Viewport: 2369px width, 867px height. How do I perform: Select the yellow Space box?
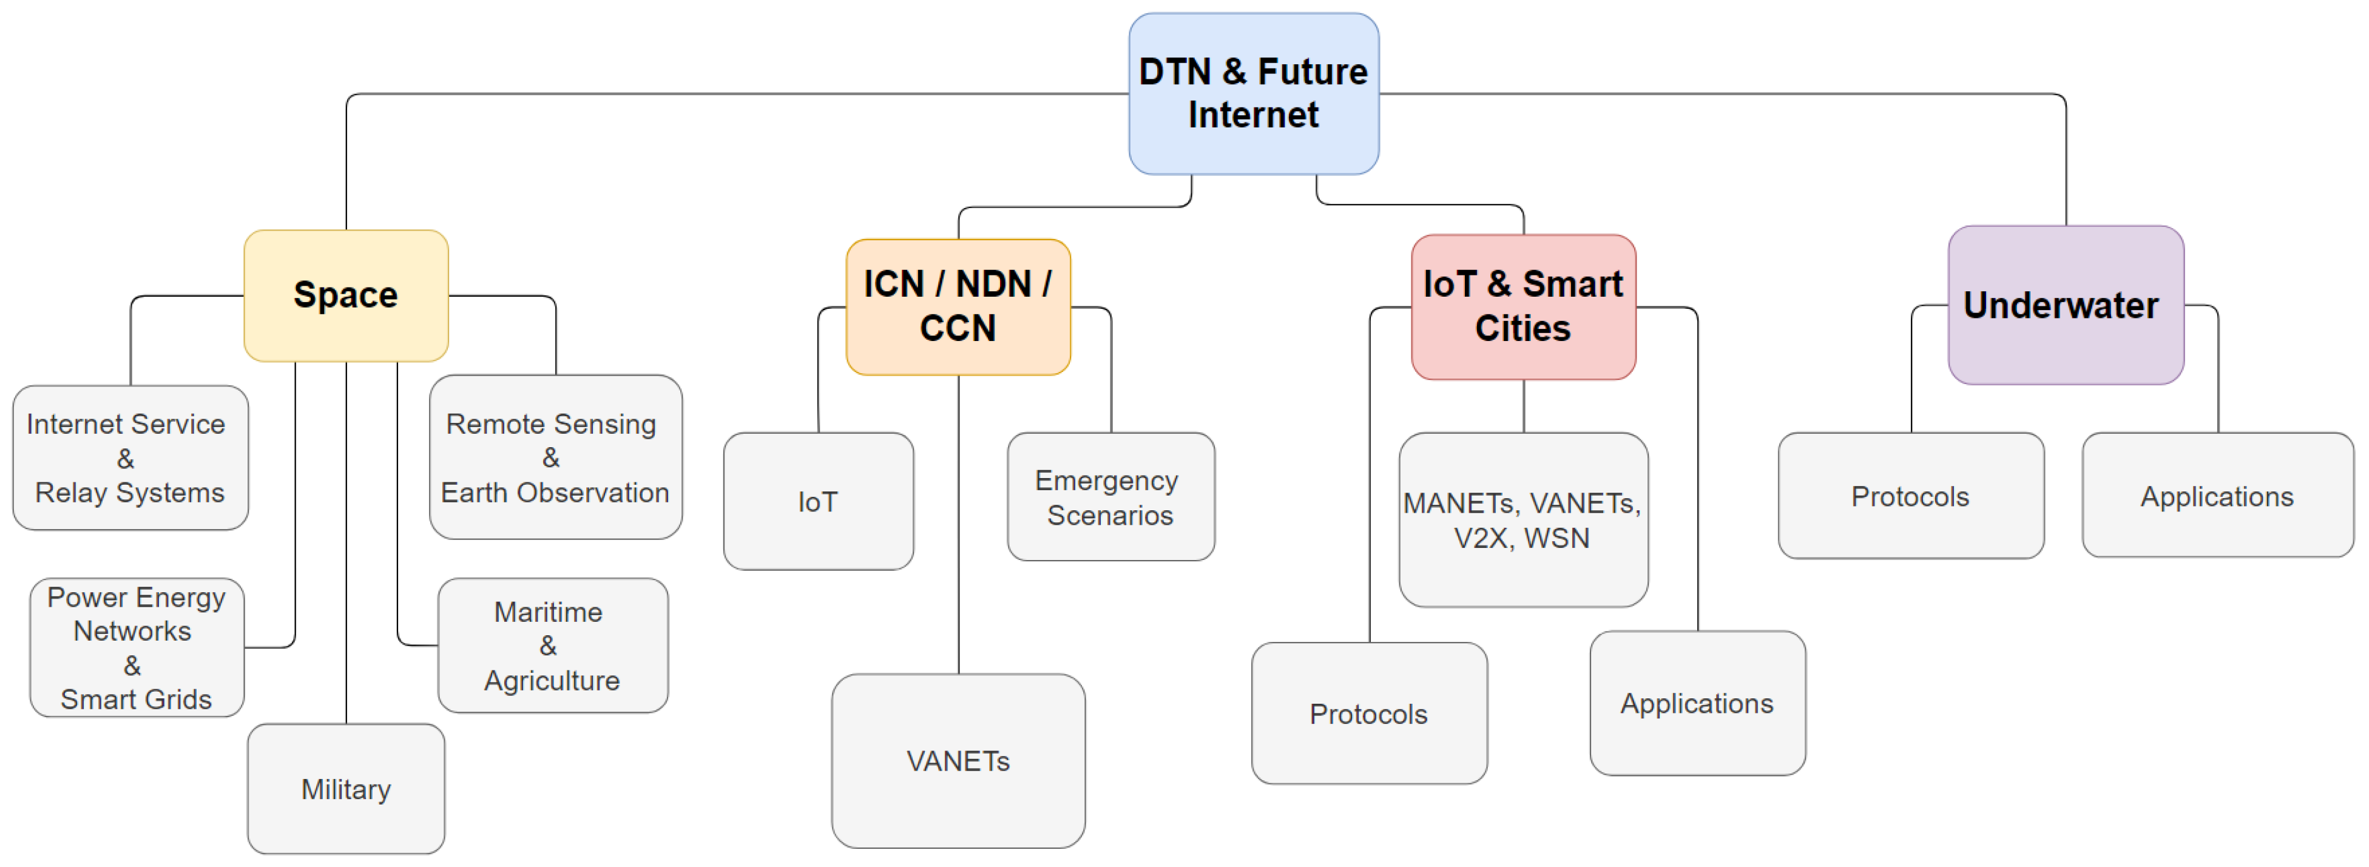point(346,295)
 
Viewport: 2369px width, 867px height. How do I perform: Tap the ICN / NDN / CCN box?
point(958,306)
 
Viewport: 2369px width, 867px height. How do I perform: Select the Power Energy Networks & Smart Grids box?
point(136,647)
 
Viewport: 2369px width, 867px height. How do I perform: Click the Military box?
point(346,789)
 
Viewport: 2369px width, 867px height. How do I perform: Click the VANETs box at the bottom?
point(958,760)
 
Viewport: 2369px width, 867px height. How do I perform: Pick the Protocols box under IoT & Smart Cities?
point(1368,714)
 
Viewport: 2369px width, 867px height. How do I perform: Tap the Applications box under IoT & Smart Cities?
point(1697,703)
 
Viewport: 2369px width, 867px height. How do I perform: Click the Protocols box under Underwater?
point(1910,496)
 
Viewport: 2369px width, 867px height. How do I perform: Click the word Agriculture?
point(552,680)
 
